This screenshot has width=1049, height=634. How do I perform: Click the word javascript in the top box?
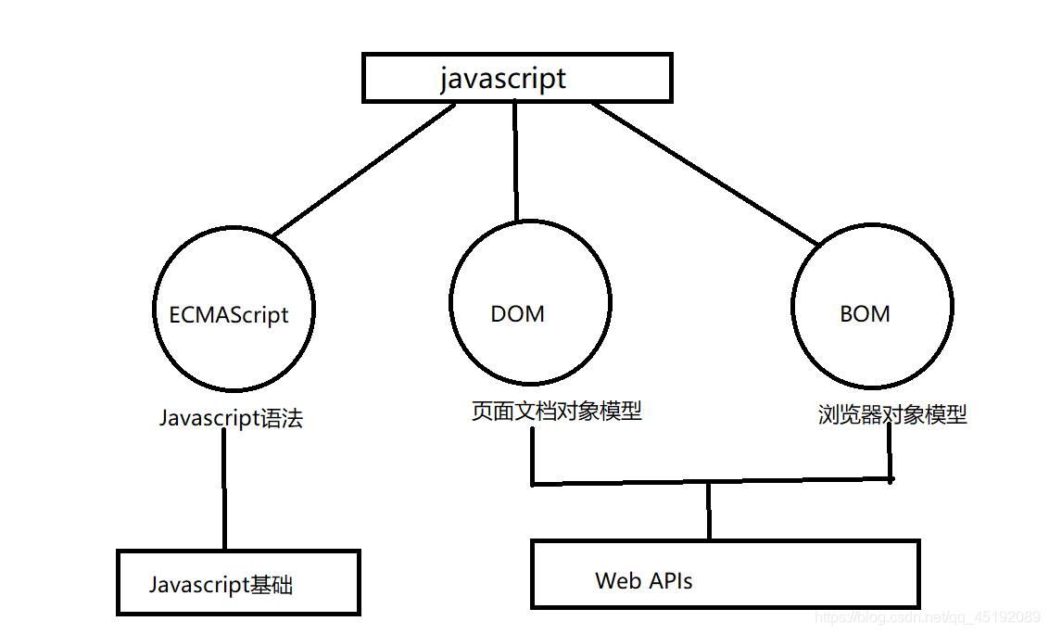coord(503,79)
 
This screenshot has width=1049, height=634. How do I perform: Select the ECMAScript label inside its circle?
coord(229,314)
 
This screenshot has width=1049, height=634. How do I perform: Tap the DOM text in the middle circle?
coord(517,314)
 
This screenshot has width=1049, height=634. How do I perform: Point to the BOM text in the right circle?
coord(865,314)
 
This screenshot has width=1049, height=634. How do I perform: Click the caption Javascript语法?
coord(231,418)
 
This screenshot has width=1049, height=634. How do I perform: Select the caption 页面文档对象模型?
coord(557,411)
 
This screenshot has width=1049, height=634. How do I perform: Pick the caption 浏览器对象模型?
coord(892,414)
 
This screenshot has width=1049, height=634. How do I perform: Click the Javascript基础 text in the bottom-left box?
coord(221,585)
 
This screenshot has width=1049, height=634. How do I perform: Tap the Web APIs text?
coord(644,580)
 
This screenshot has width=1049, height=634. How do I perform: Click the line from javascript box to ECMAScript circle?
coord(364,170)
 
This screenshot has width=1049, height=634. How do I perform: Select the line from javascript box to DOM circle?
coord(516,160)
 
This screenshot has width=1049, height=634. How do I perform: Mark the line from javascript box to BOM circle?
coord(705,173)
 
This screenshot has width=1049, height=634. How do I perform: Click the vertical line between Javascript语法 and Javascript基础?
coord(224,489)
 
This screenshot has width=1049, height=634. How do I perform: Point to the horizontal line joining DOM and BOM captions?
coord(712,481)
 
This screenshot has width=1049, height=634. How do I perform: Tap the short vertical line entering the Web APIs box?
coord(709,511)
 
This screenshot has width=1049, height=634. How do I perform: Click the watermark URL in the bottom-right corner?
coord(928,616)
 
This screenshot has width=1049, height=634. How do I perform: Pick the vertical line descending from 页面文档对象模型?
coord(533,456)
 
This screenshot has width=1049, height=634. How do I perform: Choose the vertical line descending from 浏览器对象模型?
coord(890,452)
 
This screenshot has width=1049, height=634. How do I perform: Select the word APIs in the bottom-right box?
coord(670,580)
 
